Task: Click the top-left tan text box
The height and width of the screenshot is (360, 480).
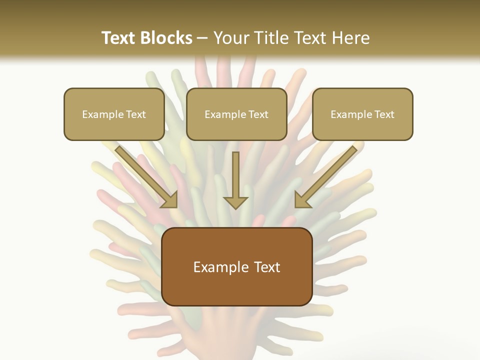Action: [114, 114]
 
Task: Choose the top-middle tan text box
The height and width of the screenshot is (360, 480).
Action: [236, 114]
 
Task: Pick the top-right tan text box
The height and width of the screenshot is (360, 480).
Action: [362, 114]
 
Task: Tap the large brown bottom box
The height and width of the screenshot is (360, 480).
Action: [236, 267]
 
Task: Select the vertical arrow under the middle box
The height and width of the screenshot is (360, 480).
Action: [235, 180]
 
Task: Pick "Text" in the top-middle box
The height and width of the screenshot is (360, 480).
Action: [258, 114]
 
